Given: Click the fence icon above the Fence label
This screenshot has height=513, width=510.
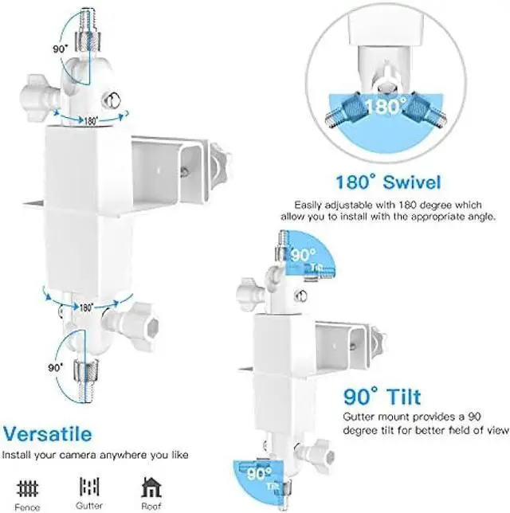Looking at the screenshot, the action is (x=28, y=488).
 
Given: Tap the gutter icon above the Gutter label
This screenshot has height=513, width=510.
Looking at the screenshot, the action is (x=89, y=487).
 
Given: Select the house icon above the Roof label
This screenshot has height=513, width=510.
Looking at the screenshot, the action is (x=151, y=487).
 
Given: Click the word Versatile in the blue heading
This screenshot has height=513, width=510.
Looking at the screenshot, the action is (x=48, y=434).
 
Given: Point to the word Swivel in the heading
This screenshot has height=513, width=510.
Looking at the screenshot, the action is (x=412, y=182).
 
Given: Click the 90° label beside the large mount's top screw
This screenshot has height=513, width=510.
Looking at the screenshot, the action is (x=61, y=49).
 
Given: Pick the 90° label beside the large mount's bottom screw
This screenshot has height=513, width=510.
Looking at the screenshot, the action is (x=55, y=368).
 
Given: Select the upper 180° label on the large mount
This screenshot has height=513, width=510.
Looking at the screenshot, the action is (x=91, y=121).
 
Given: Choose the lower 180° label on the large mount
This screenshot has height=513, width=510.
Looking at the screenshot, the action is (x=86, y=307).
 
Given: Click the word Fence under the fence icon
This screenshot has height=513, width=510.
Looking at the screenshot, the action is (x=28, y=507).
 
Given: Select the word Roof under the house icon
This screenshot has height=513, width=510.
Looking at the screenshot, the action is (x=151, y=506).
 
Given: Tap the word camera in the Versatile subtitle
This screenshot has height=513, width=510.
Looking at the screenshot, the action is (x=78, y=455).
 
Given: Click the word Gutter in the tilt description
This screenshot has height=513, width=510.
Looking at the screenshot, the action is (x=359, y=417).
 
